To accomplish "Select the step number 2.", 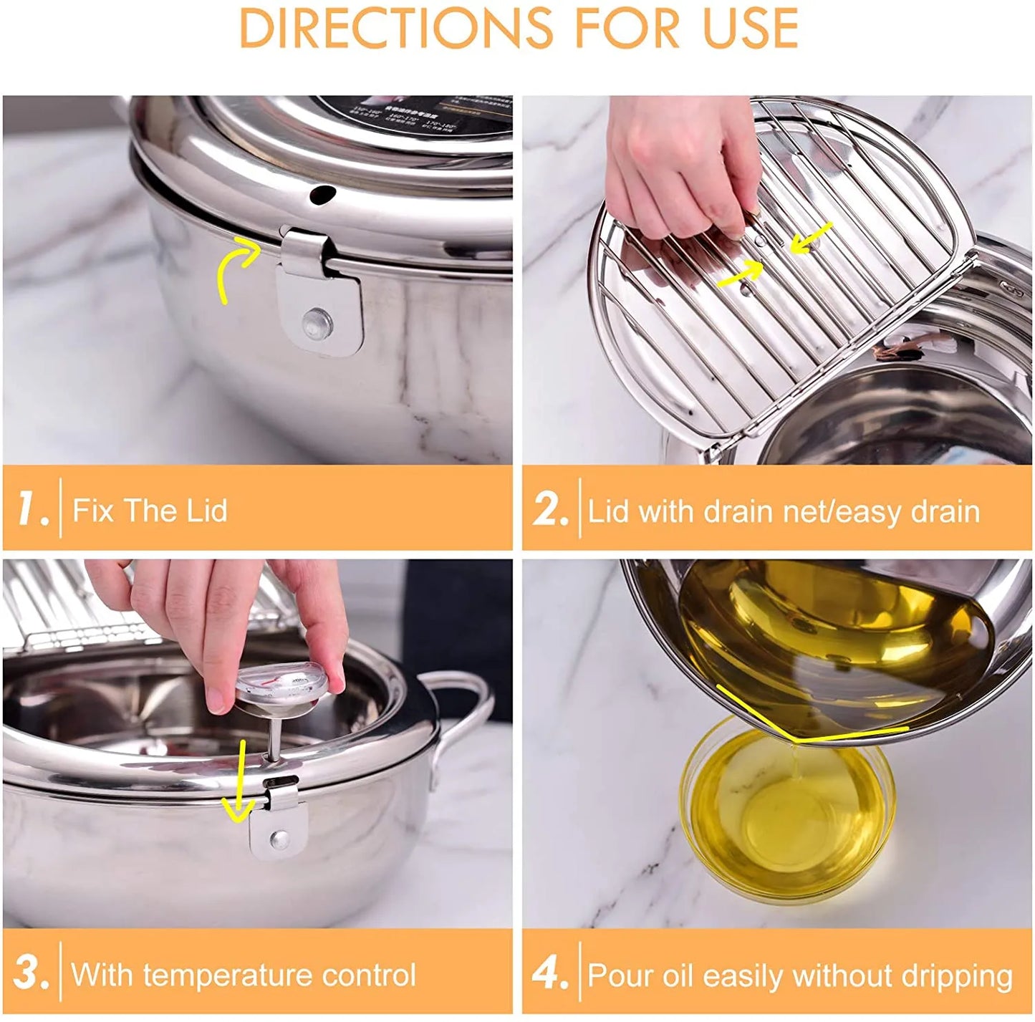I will click(549, 511).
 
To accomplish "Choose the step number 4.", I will click(549, 974).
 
